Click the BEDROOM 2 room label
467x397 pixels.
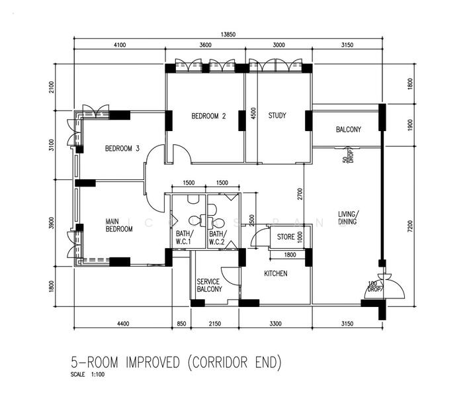[208, 116]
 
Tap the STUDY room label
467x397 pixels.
[277, 116]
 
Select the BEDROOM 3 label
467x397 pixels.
[122, 149]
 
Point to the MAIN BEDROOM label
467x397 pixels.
[120, 225]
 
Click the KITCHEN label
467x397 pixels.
[276, 273]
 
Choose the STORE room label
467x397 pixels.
[286, 236]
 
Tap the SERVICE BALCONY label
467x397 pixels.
[209, 285]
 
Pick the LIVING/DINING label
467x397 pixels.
[348, 218]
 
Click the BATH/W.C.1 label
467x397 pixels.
[184, 238]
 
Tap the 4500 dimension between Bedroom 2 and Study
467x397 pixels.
[252, 113]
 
